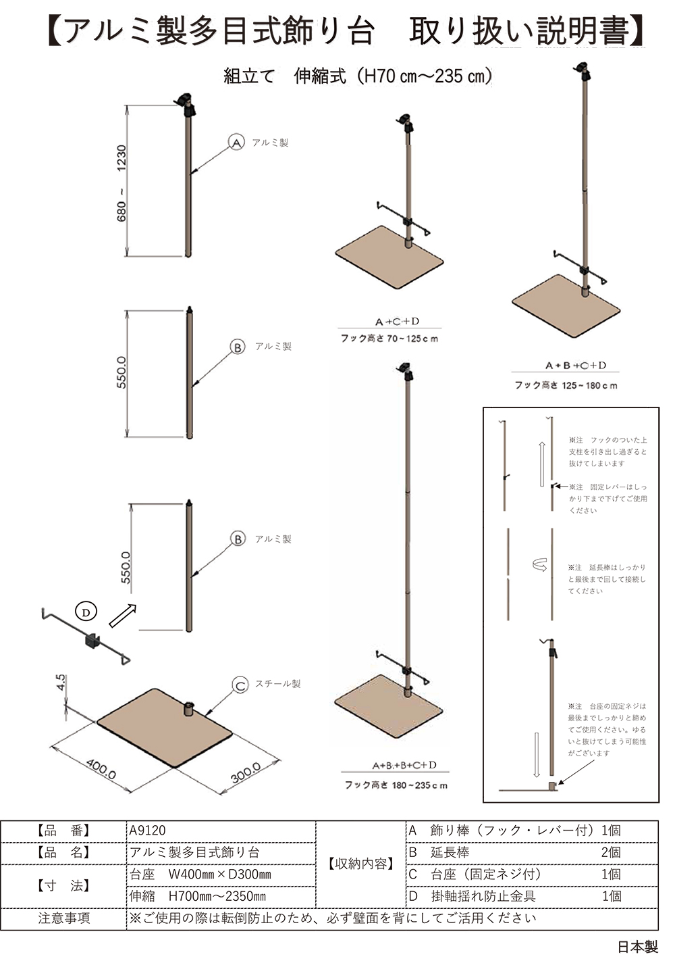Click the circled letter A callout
tap(236, 143)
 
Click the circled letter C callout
tap(240, 685)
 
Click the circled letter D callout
tap(86, 612)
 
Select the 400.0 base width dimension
tap(101, 768)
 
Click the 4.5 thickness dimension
tap(61, 682)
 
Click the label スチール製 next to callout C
tap(277, 684)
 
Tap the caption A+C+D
tap(397, 322)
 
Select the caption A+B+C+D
tap(576, 366)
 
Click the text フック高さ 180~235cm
tap(396, 785)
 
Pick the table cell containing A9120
tap(221, 831)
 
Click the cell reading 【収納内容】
tap(360, 864)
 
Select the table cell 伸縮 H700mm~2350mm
tap(221, 896)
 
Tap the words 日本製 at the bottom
tap(637, 947)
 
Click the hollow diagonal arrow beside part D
tap(122, 615)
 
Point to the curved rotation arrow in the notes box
tap(539, 565)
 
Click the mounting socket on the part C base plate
tap(189, 709)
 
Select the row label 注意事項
tap(64, 918)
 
